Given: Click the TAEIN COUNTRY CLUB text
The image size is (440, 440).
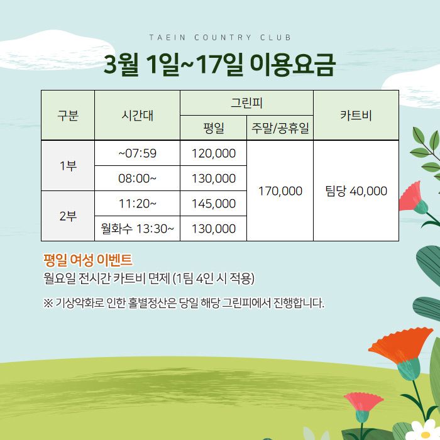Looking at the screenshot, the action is pyautogui.click(x=220, y=37).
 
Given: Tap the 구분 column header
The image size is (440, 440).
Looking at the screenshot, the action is pyautogui.click(x=68, y=115).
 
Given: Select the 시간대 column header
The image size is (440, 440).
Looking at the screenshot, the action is pyautogui.click(x=137, y=115).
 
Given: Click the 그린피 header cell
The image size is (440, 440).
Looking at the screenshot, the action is pyautogui.click(x=246, y=102).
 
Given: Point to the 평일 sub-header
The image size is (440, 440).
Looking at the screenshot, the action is pyautogui.click(x=214, y=128).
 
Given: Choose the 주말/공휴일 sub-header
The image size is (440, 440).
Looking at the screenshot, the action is pyautogui.click(x=280, y=128).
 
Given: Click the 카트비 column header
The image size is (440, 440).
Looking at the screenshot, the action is pyautogui.click(x=356, y=115).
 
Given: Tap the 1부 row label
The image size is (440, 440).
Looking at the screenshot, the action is pyautogui.click(x=68, y=166).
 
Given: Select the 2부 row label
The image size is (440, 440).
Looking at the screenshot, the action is pyautogui.click(x=68, y=216).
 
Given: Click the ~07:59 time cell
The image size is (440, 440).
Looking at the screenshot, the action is pyautogui.click(x=137, y=153).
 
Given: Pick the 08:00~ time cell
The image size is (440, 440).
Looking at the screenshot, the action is pyautogui.click(x=137, y=179).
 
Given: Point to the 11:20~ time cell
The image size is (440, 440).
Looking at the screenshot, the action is pyautogui.click(x=137, y=204).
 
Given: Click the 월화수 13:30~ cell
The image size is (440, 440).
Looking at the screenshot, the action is pyautogui.click(x=137, y=229).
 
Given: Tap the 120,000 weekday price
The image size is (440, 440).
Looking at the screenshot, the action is pyautogui.click(x=214, y=153).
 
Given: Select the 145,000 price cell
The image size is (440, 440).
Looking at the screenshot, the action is pyautogui.click(x=214, y=204).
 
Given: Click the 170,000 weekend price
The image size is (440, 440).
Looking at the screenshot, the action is pyautogui.click(x=280, y=191).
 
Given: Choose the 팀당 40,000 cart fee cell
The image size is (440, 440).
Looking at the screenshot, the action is pyautogui.click(x=356, y=191).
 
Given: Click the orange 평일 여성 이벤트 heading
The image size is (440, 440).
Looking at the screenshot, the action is pyautogui.click(x=87, y=260).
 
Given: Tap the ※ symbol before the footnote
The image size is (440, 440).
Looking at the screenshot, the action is pyautogui.click(x=48, y=303).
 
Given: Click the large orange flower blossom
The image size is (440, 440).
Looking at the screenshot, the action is pyautogui.click(x=400, y=345).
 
